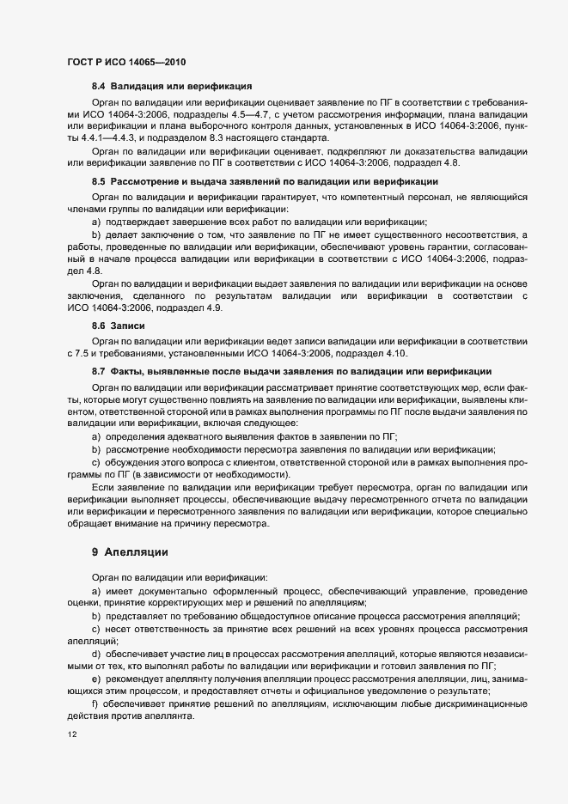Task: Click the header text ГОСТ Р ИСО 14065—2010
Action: tap(125, 63)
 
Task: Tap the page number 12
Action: tap(71, 735)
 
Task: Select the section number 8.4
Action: tap(99, 86)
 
